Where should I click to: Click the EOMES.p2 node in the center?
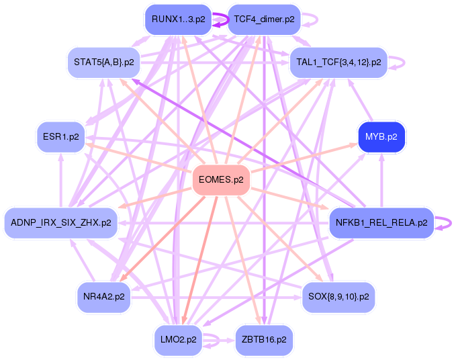click(221, 180)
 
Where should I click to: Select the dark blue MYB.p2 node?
click(381, 137)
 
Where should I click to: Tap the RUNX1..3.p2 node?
click(178, 19)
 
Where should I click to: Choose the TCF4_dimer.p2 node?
click(264, 19)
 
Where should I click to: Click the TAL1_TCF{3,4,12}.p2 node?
click(338, 62)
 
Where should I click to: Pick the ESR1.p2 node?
click(61, 137)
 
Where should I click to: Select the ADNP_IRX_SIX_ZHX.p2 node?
click(61, 222)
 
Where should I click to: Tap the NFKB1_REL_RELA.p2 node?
click(381, 222)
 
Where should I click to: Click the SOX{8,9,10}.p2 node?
click(338, 296)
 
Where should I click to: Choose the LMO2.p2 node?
click(178, 340)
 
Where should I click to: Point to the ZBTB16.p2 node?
click(264, 340)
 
